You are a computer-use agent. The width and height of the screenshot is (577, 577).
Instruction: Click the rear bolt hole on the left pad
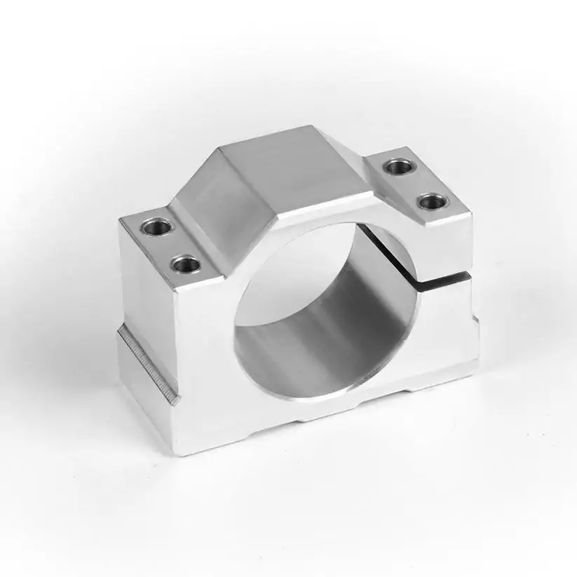154,226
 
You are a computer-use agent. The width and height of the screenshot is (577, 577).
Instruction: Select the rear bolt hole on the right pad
398,167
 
